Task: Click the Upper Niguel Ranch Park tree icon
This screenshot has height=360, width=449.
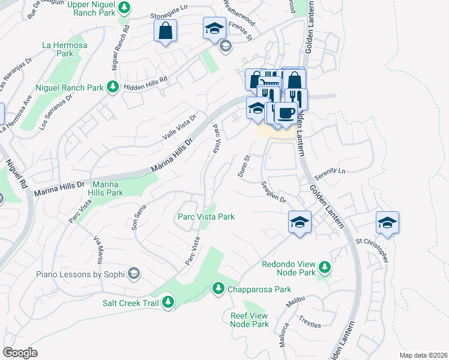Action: coord(124,8)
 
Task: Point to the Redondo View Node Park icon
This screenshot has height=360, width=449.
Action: coord(325,266)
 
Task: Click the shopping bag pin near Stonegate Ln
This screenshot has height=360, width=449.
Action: coord(165,31)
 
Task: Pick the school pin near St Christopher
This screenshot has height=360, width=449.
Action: coord(388,223)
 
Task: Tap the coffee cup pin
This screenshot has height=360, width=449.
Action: coord(286,113)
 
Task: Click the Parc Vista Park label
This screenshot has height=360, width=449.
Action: coord(205,217)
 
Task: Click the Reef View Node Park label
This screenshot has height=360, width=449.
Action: coord(249,319)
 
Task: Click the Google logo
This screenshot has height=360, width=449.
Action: coord(20,353)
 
